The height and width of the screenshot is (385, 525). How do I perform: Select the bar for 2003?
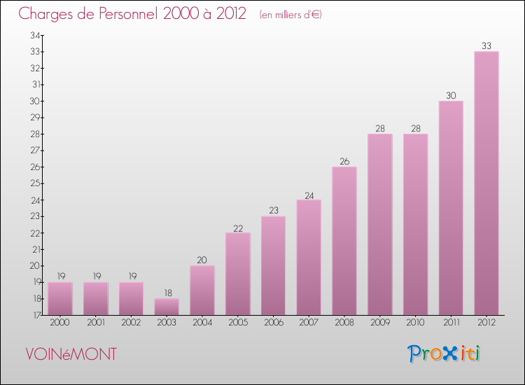pyautogui.click(x=167, y=307)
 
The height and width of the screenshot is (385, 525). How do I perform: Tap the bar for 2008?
pyautogui.click(x=344, y=241)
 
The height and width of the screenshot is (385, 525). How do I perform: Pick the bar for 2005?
pyautogui.click(x=238, y=274)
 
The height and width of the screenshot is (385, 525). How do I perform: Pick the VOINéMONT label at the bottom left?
pyautogui.click(x=71, y=354)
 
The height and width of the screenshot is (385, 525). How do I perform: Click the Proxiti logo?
pyautogui.click(x=444, y=353)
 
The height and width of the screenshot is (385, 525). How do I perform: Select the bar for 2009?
pyautogui.click(x=380, y=225)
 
